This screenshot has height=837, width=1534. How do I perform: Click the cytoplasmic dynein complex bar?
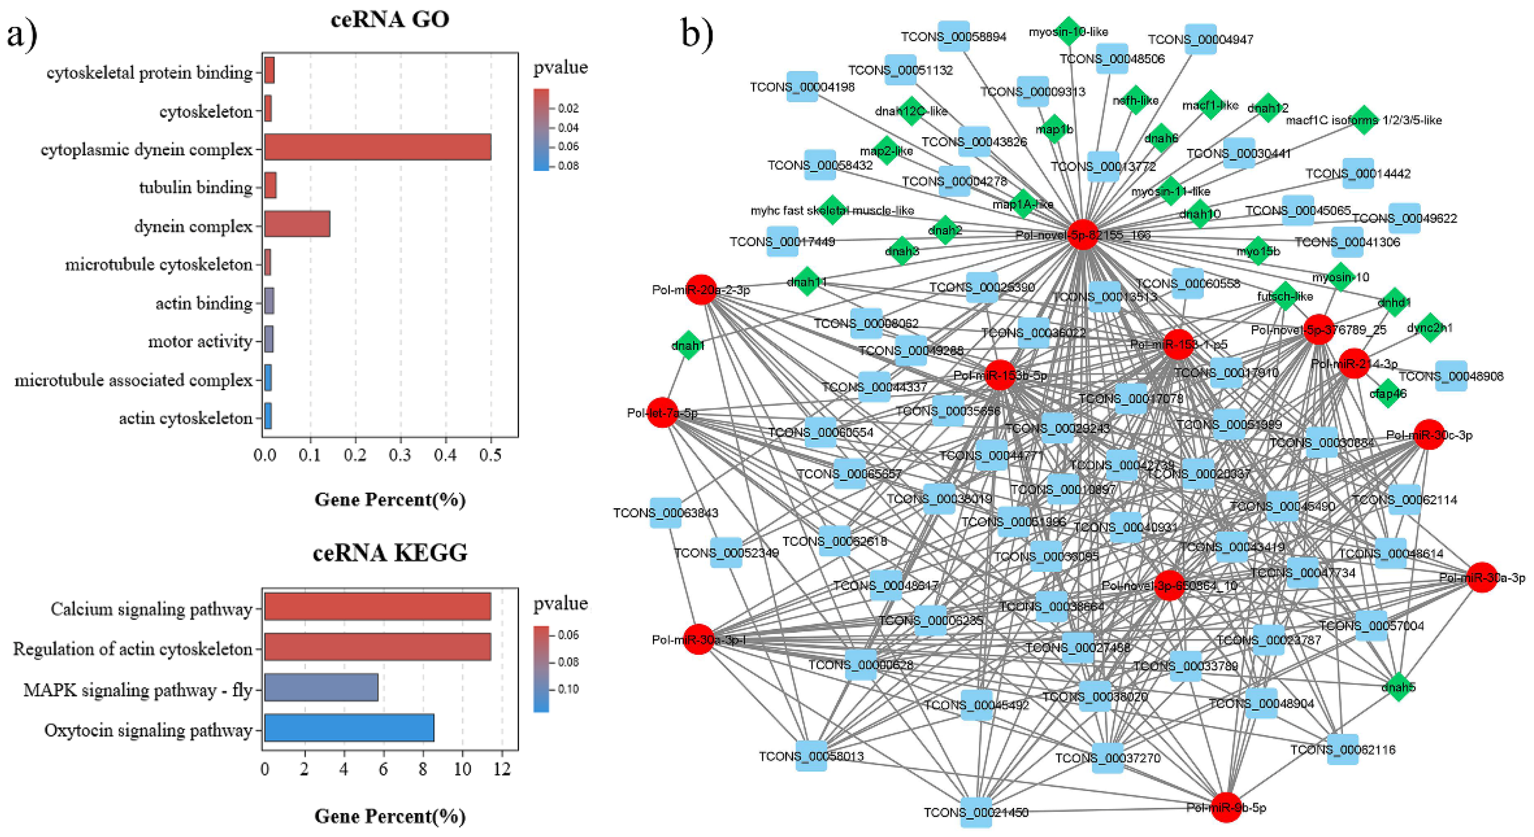(x=378, y=147)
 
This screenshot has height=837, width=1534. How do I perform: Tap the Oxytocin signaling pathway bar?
(x=349, y=728)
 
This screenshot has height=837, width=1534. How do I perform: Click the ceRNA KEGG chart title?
(x=390, y=554)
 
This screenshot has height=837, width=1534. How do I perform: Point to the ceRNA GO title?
(x=390, y=20)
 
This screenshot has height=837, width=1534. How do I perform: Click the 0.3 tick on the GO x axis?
(x=400, y=455)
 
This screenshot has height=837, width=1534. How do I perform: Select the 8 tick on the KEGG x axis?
(x=423, y=769)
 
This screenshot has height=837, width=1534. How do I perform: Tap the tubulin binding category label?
(x=195, y=187)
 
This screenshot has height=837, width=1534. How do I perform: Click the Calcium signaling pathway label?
(x=151, y=609)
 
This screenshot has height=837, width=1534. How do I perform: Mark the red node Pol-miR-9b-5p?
(x=1226, y=807)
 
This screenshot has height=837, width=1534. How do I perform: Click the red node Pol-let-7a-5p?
(x=662, y=412)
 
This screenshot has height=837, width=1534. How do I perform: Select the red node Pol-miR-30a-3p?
(x=1481, y=577)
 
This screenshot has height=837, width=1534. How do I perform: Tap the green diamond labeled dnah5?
(x=1398, y=687)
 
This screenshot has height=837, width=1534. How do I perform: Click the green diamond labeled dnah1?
(x=689, y=345)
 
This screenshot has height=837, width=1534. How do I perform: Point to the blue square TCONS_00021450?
(x=976, y=812)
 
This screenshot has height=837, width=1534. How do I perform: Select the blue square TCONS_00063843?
(x=665, y=512)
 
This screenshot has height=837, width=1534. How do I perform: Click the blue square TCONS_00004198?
(x=802, y=87)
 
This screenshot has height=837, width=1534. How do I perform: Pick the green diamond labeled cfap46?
(x=1388, y=393)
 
